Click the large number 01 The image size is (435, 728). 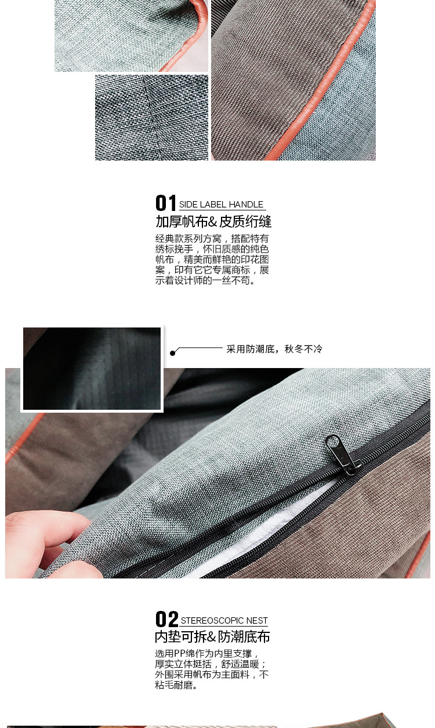point(166,203)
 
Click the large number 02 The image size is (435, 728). point(166,619)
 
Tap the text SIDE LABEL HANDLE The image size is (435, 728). point(221,205)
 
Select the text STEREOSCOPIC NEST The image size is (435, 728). point(224,621)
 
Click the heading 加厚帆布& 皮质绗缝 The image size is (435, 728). point(213,221)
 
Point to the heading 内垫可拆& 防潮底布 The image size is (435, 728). point(212,637)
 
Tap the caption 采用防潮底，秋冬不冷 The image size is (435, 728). point(274,349)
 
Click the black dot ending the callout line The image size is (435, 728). point(172,353)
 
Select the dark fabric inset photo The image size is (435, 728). point(92,369)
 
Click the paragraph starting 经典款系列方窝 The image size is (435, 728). point(212,260)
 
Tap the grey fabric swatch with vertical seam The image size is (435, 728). point(151,118)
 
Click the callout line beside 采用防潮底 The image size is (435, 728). point(200,348)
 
